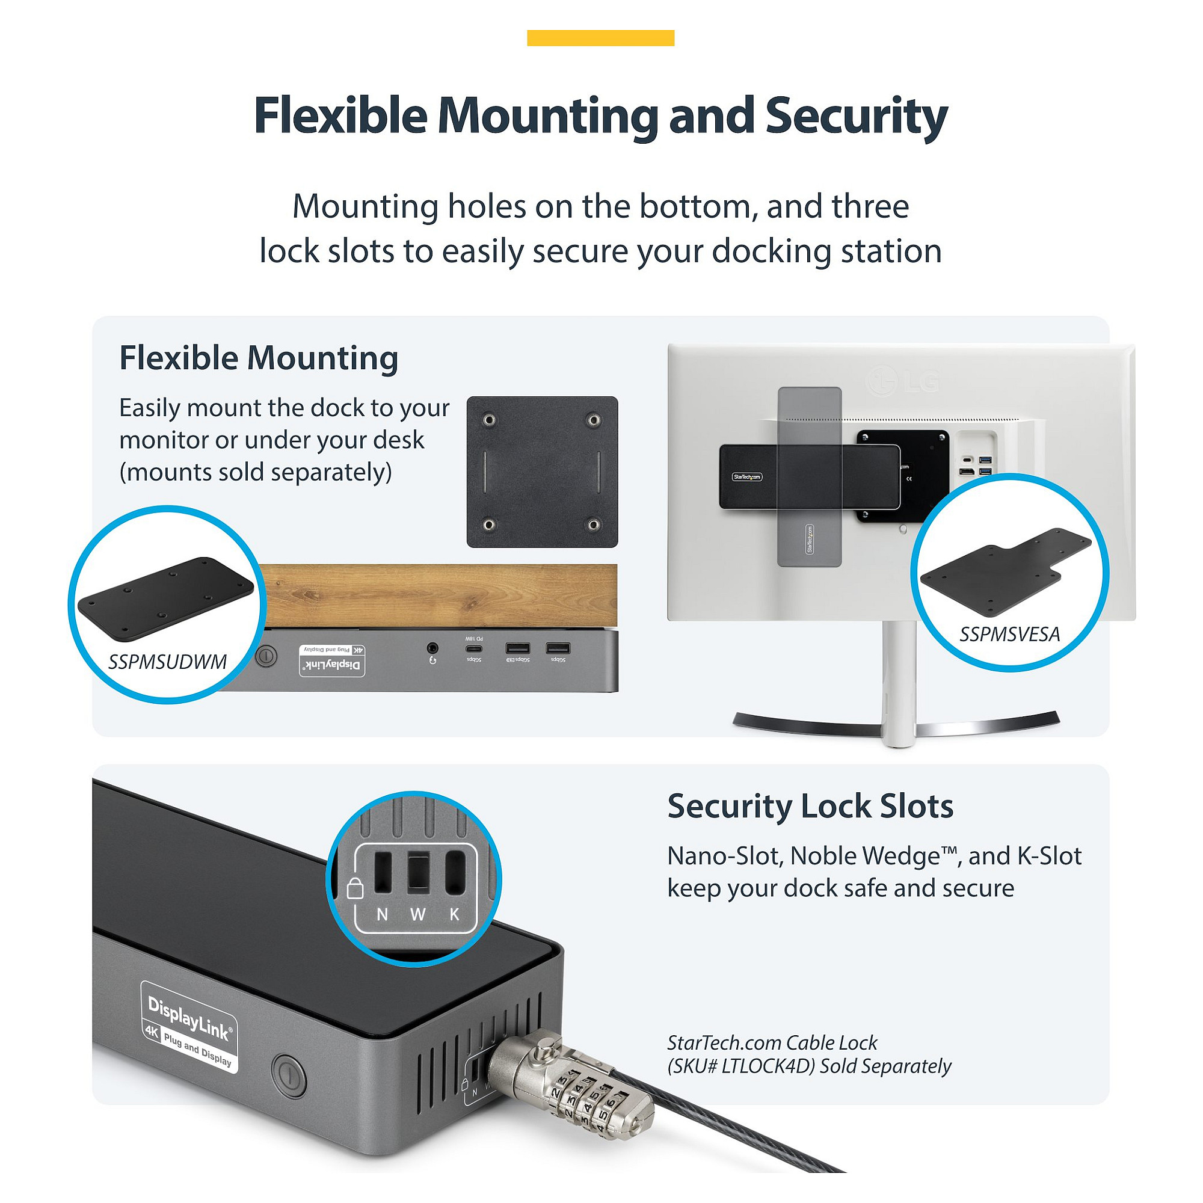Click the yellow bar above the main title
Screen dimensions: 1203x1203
[600, 38]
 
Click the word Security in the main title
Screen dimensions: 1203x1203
[856, 117]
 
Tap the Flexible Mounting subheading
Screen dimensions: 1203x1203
[259, 358]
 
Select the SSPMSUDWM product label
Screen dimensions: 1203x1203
[167, 662]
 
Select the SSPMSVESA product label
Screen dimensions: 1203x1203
[1009, 635]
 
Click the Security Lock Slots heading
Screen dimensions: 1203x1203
[810, 807]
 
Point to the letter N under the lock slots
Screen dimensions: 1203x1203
[383, 915]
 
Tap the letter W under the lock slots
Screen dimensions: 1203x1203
[418, 915]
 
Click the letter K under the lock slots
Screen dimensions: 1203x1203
[455, 915]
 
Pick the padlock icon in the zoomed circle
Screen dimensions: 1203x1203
[355, 888]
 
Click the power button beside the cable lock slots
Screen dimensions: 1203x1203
[289, 1075]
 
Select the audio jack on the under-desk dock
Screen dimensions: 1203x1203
[432, 649]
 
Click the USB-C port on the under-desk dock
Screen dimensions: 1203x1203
[474, 649]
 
